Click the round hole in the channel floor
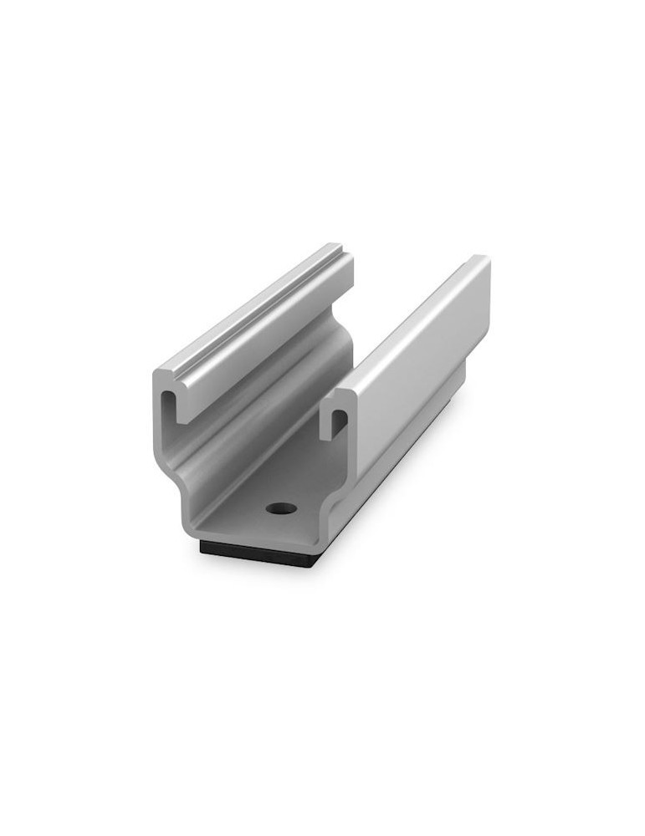(x=282, y=507)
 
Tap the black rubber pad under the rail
(x=259, y=553)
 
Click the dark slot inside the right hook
(x=338, y=422)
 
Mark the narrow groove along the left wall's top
(x=251, y=310)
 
